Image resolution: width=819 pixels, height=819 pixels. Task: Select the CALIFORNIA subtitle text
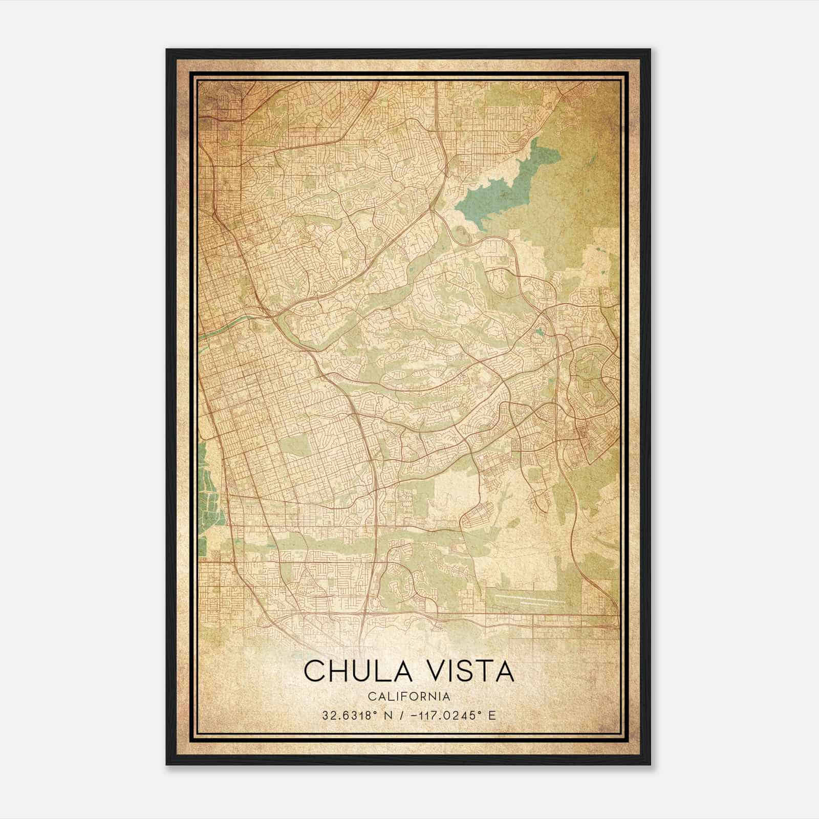[409, 697]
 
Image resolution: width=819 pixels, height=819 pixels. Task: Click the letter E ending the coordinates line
[492, 716]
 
